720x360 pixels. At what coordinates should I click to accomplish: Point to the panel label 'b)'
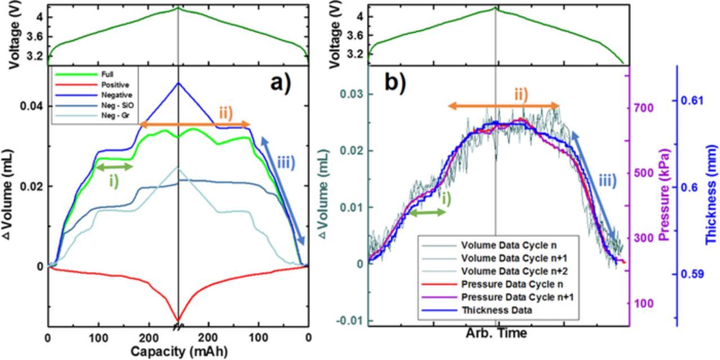tap(395, 83)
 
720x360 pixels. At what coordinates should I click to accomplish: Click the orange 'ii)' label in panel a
tap(226, 112)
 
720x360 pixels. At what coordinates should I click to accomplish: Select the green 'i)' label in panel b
tap(445, 198)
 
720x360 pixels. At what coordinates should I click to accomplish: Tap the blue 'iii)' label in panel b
tap(606, 181)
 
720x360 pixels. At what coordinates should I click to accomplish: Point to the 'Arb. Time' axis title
tap(496, 333)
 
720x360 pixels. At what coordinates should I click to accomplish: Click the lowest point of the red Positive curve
tap(178, 319)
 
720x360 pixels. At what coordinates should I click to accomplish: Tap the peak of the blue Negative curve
tap(178, 83)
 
